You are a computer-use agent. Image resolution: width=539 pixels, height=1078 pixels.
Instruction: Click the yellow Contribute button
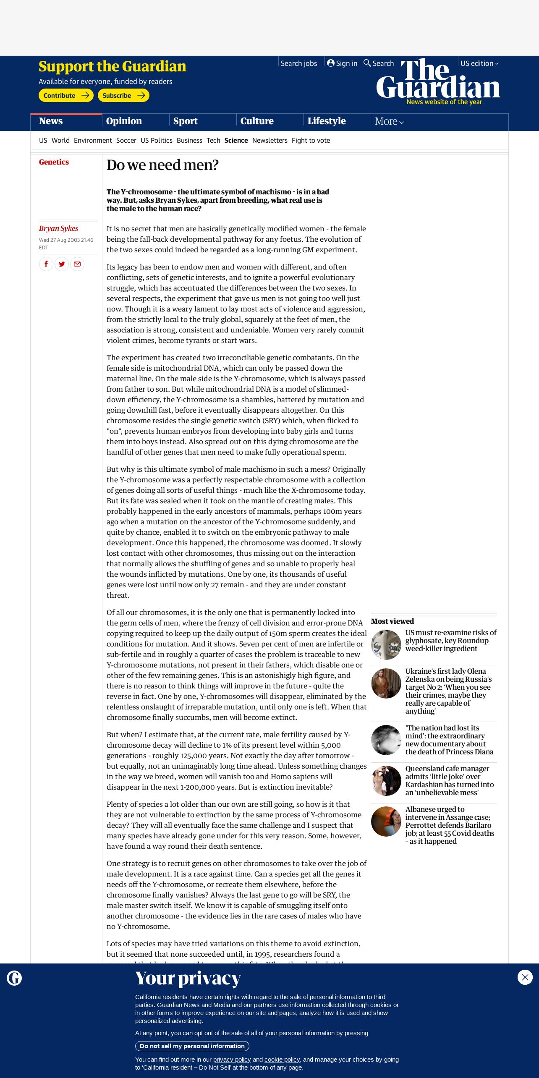coord(66,96)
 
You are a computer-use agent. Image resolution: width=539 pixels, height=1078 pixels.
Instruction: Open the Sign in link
coord(342,63)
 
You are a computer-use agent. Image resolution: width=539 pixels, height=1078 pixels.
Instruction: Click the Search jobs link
coord(298,63)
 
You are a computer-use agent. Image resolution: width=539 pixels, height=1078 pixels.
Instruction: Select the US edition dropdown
coord(479,63)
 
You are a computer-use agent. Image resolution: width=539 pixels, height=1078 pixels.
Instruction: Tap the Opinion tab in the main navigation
coord(124,121)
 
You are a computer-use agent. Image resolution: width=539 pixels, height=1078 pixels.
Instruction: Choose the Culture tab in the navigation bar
coord(257,121)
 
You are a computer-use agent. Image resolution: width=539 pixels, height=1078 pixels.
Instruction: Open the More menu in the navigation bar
coord(389,122)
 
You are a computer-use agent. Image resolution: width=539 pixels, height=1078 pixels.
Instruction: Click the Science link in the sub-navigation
coord(236,141)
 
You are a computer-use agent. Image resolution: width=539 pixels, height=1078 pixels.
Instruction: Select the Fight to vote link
coord(311,141)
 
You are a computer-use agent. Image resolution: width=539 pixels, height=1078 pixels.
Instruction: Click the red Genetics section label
coord(54,162)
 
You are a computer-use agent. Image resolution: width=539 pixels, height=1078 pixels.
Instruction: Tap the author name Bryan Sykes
coord(59,228)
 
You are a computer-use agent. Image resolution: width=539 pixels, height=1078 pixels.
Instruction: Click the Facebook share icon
coord(46,264)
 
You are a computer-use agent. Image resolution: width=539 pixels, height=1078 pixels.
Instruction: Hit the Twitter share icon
coord(62,264)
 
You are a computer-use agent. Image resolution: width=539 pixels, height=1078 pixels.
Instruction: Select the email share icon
coord(77,264)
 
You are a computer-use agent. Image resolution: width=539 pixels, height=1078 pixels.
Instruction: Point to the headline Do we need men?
coord(162,165)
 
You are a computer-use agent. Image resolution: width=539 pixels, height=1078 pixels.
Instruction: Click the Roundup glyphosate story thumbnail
coord(386,645)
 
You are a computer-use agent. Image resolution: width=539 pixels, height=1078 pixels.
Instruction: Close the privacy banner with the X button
coord(525,977)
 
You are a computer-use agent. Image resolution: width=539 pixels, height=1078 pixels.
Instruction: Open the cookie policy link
coord(282,1060)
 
